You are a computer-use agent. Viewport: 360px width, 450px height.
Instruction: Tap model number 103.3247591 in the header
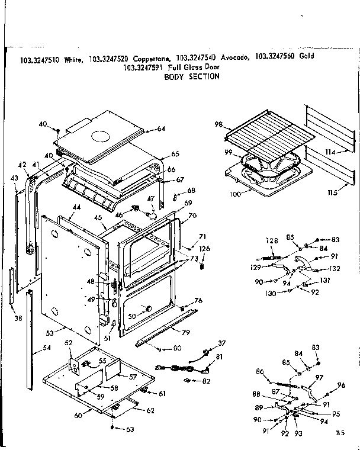(144, 67)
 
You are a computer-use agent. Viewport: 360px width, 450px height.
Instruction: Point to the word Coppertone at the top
(153, 57)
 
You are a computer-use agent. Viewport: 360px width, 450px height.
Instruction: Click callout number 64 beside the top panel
(161, 128)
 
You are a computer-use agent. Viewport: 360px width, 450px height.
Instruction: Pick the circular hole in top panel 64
(101, 137)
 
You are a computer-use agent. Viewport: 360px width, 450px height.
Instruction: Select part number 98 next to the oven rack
(218, 124)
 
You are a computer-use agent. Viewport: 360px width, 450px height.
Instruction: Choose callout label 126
(204, 249)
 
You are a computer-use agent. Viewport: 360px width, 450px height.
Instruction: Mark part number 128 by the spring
(271, 240)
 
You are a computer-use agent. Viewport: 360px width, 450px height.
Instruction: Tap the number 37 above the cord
(222, 343)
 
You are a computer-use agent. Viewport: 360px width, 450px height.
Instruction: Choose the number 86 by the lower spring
(259, 371)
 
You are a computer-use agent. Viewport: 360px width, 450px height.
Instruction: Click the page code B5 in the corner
(339, 433)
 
